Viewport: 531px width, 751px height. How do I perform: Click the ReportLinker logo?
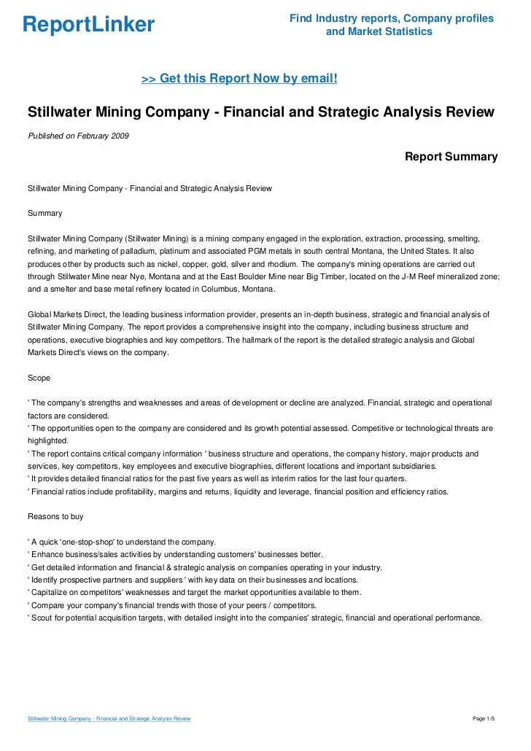click(88, 25)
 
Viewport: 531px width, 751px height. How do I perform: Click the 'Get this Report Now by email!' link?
click(239, 78)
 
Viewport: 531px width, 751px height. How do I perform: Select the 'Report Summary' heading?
click(451, 157)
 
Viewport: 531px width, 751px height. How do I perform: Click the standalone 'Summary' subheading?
click(44, 214)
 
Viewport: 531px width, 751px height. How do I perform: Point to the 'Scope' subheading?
click(39, 378)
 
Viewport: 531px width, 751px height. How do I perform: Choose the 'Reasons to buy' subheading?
click(55, 516)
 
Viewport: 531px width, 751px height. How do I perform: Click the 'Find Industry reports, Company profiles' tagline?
click(391, 17)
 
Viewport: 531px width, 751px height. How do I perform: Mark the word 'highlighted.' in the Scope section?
click(47, 440)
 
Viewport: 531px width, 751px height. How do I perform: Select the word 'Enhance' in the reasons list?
click(46, 554)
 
